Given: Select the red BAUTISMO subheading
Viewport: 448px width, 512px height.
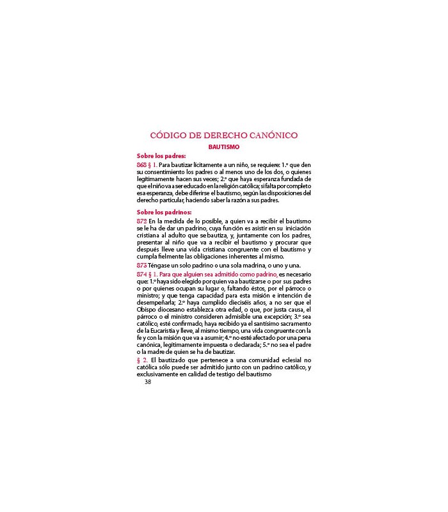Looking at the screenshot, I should (x=223, y=147).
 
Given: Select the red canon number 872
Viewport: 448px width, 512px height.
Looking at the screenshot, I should (x=142, y=220).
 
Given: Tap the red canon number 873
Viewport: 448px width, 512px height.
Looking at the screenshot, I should (x=142, y=265).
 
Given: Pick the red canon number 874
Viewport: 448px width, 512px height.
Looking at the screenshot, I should (x=142, y=274).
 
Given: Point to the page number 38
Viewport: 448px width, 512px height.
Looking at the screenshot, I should (x=148, y=382).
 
